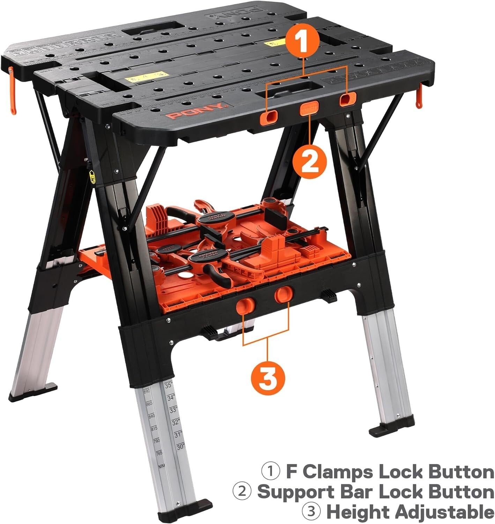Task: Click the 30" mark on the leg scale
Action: pos(180,446)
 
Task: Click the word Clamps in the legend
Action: pos(338,472)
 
